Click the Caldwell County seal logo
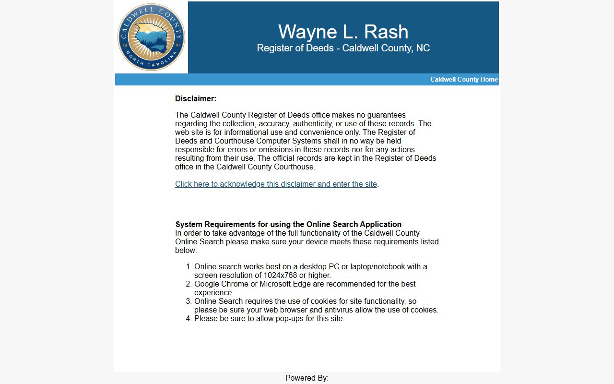point(151,37)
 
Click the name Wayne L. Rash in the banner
point(343,32)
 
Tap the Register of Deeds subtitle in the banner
point(343,48)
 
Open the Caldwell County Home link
point(463,79)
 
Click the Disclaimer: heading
point(196,99)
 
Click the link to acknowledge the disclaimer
point(276,184)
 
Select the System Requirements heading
point(288,224)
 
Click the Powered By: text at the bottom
point(307,378)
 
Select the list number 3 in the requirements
point(189,301)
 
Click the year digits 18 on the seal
point(125,45)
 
